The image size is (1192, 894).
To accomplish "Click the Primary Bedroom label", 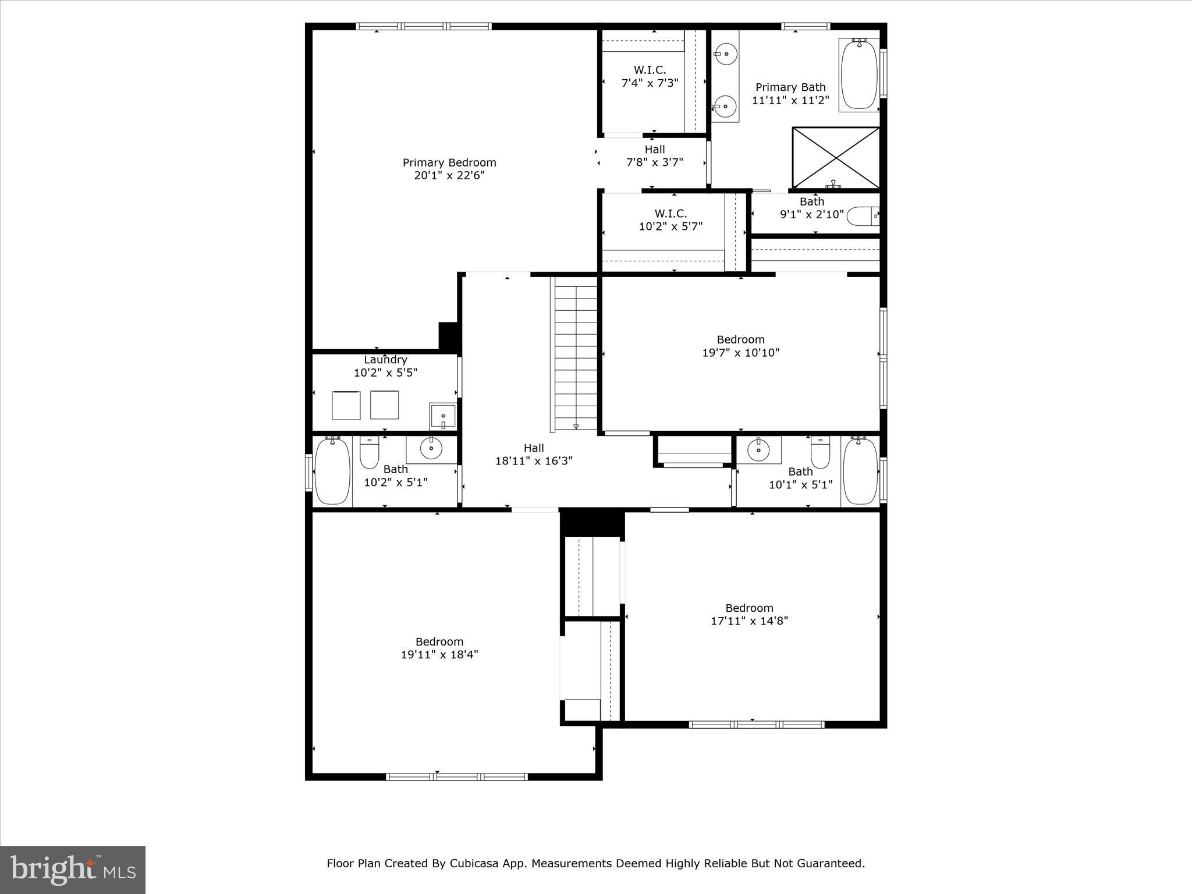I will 449,162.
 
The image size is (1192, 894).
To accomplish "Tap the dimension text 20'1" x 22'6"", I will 449,175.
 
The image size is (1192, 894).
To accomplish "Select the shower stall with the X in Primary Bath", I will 836,158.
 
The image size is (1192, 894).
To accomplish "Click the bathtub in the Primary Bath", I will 859,74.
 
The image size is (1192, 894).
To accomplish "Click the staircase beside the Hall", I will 576,354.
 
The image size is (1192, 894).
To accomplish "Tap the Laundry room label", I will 385,360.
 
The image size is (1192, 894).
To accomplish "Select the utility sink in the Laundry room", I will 442,416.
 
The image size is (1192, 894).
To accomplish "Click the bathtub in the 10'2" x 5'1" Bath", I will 332,471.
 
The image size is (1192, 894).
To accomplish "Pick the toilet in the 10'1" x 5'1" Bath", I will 820,453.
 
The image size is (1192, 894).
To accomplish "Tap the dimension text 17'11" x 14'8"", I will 749,620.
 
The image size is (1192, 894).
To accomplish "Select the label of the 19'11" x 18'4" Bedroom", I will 439,641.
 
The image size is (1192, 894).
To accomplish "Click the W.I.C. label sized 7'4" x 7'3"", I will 650,70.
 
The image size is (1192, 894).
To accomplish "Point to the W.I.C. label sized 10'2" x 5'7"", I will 670,214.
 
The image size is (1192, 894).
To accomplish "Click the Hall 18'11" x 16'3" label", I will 534,448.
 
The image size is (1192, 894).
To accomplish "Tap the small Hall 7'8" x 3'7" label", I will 654,150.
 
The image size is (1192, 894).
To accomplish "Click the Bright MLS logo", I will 73,870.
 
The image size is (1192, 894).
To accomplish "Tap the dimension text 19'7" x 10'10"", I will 740,352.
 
